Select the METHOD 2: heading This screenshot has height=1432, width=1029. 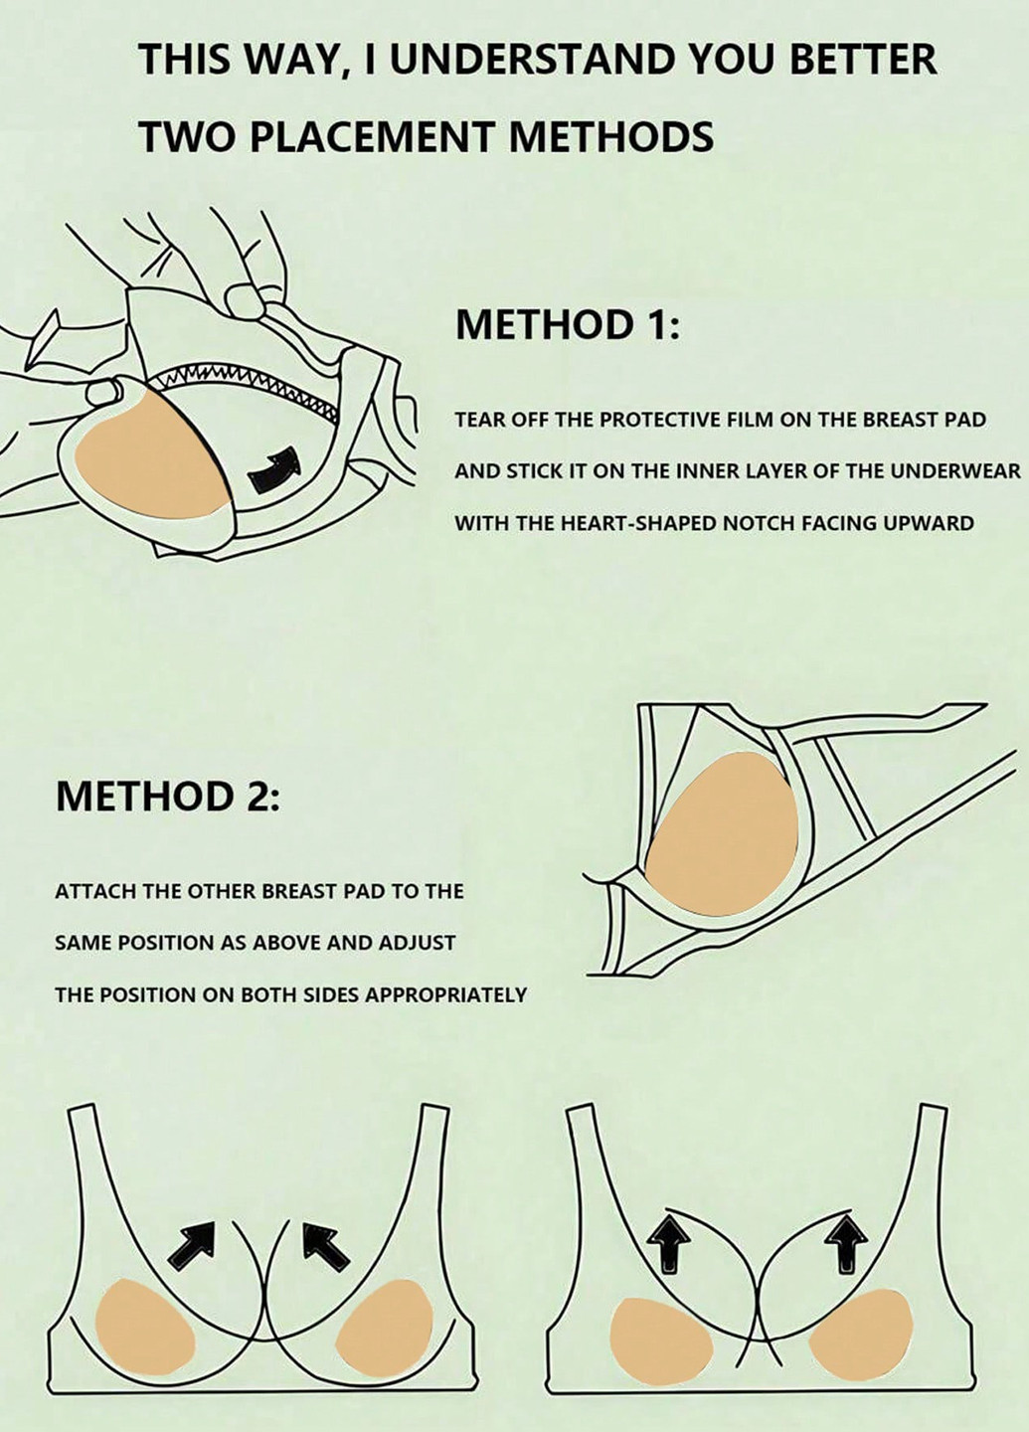[x=167, y=796]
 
